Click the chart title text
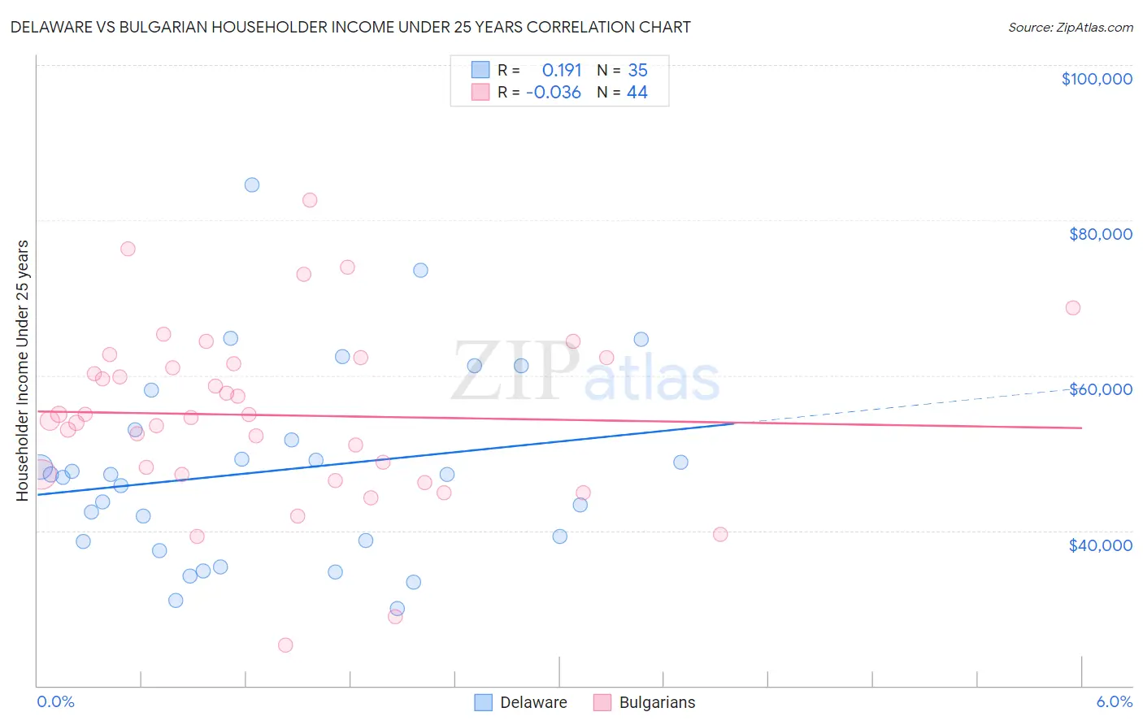(350, 27)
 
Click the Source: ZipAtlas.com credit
(1070, 28)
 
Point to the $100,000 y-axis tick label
(1097, 79)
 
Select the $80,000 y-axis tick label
(1100, 234)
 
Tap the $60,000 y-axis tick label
(1100, 389)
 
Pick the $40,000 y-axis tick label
(1100, 545)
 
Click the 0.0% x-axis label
(55, 702)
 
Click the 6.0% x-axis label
(1114, 702)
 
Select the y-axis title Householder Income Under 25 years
(23, 370)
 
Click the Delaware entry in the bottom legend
(532, 703)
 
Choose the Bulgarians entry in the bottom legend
(656, 703)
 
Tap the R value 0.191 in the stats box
(561, 71)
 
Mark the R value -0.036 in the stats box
(554, 93)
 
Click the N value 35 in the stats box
(637, 71)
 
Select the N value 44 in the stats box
(637, 93)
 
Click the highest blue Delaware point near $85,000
(252, 185)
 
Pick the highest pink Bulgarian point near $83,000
(310, 200)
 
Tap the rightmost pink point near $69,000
(1072, 308)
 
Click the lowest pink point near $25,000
(285, 645)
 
